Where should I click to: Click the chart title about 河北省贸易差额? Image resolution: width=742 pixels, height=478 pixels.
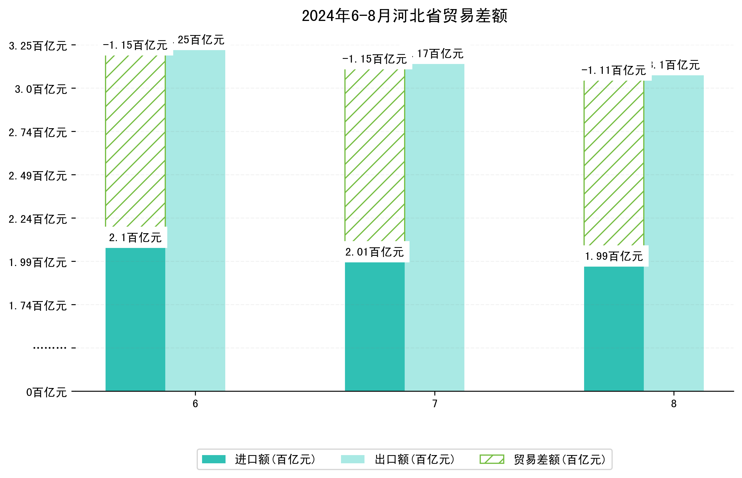click(x=404, y=16)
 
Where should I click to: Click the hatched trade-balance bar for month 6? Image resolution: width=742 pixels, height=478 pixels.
click(x=135, y=141)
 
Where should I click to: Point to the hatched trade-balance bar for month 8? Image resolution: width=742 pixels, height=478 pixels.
click(x=614, y=163)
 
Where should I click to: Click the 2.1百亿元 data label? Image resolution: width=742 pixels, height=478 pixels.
click(x=135, y=238)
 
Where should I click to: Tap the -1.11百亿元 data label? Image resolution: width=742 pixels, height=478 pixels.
click(x=614, y=70)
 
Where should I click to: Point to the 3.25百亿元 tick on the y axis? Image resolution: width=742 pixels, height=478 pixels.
click(x=38, y=46)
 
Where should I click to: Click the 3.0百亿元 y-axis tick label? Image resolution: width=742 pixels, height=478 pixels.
click(x=41, y=89)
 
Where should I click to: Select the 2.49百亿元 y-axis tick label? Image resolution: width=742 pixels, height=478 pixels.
click(x=38, y=176)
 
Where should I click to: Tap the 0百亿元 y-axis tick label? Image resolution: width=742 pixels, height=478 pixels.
click(x=46, y=392)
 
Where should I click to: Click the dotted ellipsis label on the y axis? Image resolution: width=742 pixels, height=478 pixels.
click(x=50, y=348)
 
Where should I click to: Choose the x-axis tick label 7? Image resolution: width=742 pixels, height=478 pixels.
click(x=435, y=404)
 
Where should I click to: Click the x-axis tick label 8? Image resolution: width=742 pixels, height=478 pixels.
click(x=674, y=404)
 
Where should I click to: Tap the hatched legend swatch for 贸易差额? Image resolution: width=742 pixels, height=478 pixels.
click(x=492, y=459)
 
